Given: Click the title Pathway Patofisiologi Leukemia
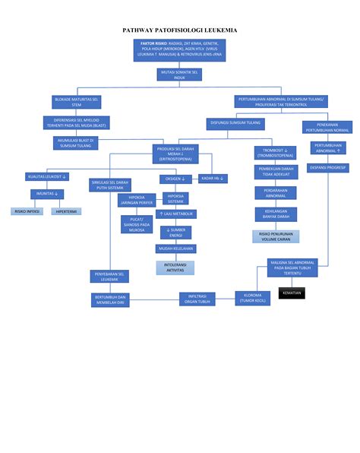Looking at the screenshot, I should pyautogui.click(x=180, y=30).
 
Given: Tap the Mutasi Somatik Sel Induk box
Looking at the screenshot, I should pyautogui.click(x=180, y=74).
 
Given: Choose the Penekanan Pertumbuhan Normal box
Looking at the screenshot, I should pyautogui.click(x=327, y=126).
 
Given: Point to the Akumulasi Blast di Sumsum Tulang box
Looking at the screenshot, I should pyautogui.click(x=77, y=143).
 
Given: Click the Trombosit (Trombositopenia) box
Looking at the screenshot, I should pyautogui.click(x=276, y=154).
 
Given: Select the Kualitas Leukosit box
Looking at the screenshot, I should pyautogui.click(x=47, y=176).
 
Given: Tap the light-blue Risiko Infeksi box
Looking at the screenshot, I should pyautogui.click(x=27, y=211).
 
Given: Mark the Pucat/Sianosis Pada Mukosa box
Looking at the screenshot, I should pyautogui.click(x=137, y=224).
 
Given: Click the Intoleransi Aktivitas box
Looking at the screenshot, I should pyautogui.click(x=175, y=267).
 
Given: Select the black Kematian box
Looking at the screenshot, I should pyautogui.click(x=291, y=293).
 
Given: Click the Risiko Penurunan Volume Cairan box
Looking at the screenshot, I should pyautogui.click(x=276, y=236).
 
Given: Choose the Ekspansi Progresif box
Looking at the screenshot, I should pyautogui.click(x=327, y=166).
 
